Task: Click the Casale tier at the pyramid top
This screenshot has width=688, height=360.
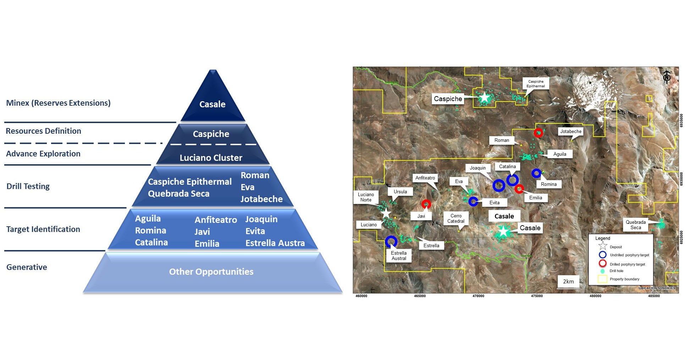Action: (x=212, y=104)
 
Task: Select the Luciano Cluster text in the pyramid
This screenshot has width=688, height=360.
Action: (x=211, y=158)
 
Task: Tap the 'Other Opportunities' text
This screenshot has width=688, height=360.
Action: (x=211, y=272)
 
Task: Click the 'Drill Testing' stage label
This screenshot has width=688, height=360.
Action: (x=28, y=186)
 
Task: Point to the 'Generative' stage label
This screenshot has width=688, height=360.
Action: (x=27, y=267)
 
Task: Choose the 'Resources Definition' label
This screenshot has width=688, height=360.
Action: (x=43, y=131)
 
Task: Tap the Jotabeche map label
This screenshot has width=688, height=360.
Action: (x=571, y=132)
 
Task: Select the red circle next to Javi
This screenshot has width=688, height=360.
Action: (x=426, y=204)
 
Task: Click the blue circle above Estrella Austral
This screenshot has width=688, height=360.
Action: (x=391, y=242)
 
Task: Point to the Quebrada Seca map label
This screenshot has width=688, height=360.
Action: (x=635, y=225)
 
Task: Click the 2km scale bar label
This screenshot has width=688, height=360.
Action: (x=568, y=281)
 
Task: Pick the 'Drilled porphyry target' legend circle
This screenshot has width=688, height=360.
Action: (x=602, y=264)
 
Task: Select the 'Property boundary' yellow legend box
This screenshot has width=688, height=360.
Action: (x=602, y=279)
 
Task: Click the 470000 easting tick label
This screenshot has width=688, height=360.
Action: (x=478, y=296)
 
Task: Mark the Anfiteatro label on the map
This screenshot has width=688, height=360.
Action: (x=425, y=178)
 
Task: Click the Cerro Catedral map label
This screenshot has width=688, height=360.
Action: (x=456, y=218)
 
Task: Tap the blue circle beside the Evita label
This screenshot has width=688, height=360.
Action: (x=473, y=201)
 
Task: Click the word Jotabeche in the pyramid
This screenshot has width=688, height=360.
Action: (x=262, y=199)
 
